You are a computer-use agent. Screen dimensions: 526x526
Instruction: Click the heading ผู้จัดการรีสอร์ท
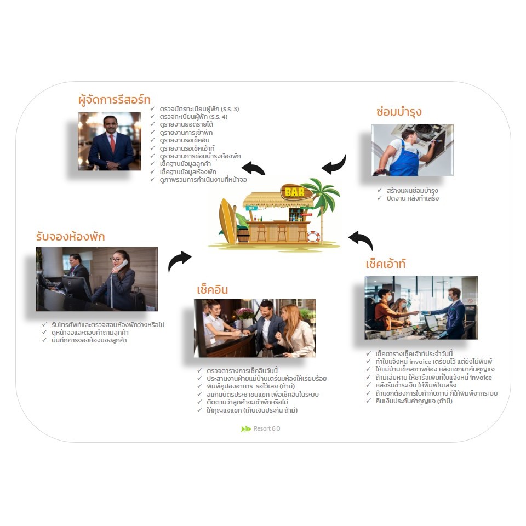click(x=114, y=100)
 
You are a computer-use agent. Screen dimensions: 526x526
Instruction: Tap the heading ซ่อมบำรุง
click(x=399, y=112)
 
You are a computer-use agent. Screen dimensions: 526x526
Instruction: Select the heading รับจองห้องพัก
click(x=70, y=237)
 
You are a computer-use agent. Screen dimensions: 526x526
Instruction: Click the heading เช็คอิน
click(x=212, y=289)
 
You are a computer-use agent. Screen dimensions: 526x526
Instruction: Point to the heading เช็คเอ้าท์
click(x=386, y=264)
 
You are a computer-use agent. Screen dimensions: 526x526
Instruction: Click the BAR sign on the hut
click(x=292, y=192)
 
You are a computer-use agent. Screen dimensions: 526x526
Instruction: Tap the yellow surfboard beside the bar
click(x=227, y=220)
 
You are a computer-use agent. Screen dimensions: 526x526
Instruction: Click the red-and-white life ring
click(x=313, y=237)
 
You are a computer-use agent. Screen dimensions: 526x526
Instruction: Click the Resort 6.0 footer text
click(x=266, y=428)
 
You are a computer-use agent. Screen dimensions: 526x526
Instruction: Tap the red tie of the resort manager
click(x=112, y=144)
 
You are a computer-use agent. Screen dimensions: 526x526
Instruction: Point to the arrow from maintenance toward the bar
click(x=334, y=164)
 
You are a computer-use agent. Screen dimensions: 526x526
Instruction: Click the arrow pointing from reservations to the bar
click(x=179, y=261)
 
